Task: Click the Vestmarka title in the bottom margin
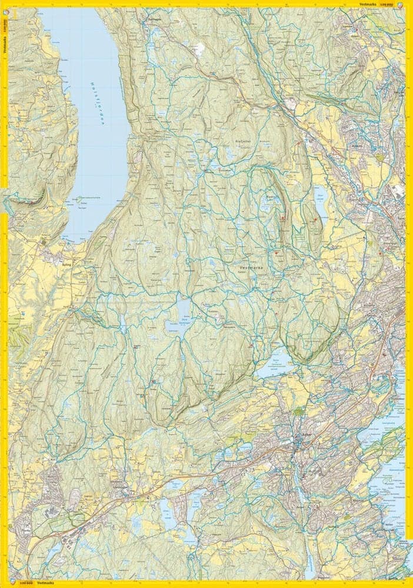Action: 45,583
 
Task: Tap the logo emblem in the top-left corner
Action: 4,4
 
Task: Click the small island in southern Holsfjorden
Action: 79,199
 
